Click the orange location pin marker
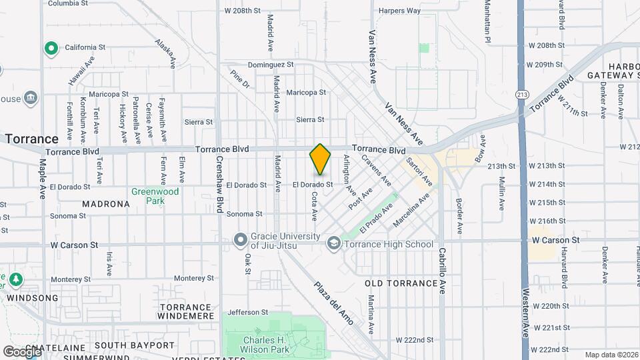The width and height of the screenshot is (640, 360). (x=321, y=159)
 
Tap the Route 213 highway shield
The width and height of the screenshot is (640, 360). (x=522, y=94)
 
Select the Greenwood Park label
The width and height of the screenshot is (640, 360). (x=155, y=196)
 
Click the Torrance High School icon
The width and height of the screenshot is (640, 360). (x=333, y=244)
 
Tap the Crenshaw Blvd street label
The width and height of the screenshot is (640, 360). (x=218, y=184)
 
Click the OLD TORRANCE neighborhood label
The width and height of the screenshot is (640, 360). (x=401, y=283)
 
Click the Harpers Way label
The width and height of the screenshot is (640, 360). (x=399, y=11)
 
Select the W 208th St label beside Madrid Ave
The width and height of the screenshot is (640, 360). (x=242, y=11)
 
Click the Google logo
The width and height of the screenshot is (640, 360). (x=22, y=351)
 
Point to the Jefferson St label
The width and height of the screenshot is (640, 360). (x=247, y=312)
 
